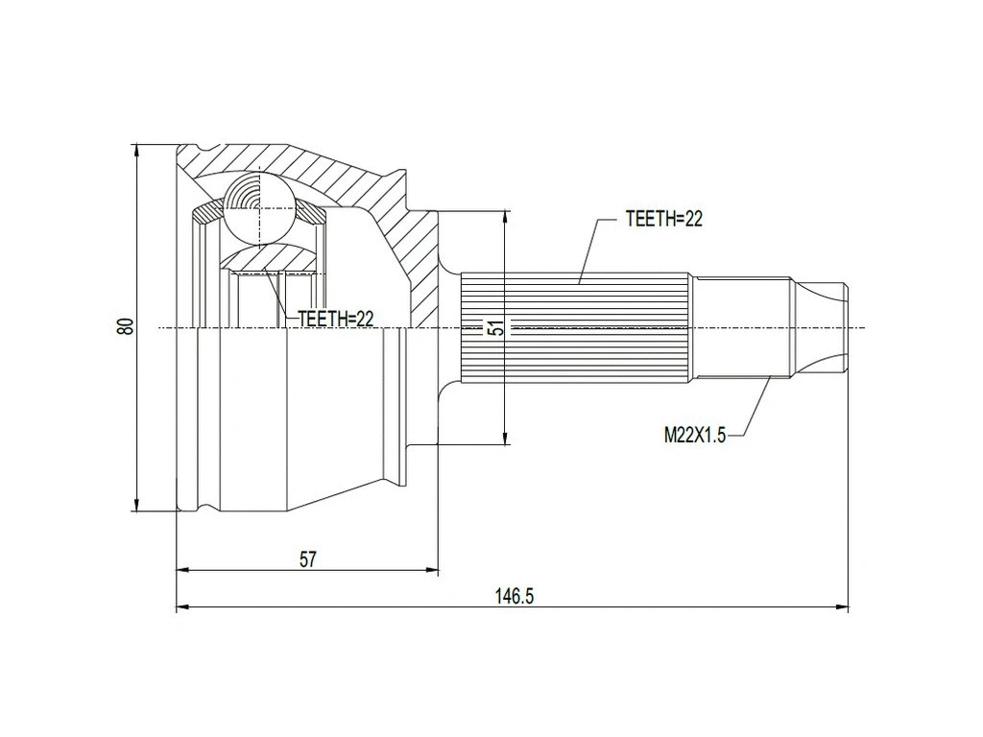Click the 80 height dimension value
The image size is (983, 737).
(125, 326)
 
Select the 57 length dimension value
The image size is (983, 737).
(307, 559)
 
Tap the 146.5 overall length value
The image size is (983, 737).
(514, 596)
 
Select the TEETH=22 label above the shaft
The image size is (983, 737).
(664, 219)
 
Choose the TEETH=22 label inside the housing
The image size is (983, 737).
(335, 319)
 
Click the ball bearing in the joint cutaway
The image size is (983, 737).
(259, 206)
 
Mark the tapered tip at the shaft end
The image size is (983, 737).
(824, 327)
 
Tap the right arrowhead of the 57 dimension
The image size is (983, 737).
(433, 569)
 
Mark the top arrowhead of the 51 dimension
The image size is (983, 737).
(504, 215)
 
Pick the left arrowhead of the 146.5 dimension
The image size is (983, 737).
(183, 606)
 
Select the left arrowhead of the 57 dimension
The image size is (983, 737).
(183, 569)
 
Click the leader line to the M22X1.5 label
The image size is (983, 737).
(755, 408)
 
